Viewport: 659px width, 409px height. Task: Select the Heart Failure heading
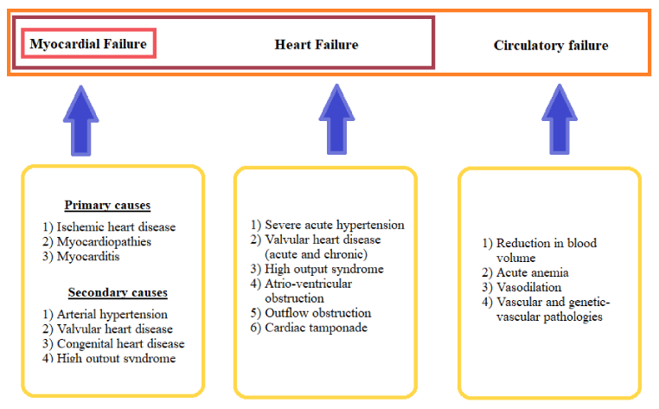(317, 45)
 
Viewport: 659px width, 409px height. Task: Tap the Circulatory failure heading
(551, 46)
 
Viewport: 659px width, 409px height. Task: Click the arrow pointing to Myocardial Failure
(81, 121)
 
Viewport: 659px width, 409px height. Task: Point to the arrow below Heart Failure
(336, 119)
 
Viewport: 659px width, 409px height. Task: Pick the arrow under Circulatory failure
(560, 119)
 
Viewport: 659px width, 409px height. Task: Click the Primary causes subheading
(107, 205)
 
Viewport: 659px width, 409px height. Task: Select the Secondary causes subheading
(118, 292)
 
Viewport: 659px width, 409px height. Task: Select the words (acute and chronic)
(316, 254)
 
